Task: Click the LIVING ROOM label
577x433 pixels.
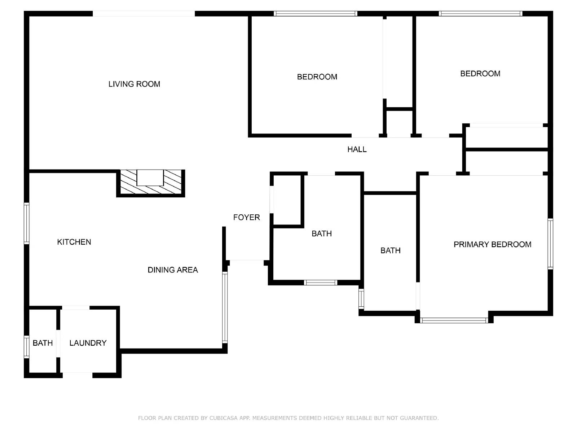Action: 134,84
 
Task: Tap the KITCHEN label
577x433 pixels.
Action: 74,242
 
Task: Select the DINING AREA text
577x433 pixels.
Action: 173,270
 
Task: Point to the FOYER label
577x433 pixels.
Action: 246,217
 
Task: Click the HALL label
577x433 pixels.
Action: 357,149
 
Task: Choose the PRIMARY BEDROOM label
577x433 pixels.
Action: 492,245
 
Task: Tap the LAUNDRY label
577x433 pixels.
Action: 88,343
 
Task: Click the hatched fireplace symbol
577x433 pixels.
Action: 150,183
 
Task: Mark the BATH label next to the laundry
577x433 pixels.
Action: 43,343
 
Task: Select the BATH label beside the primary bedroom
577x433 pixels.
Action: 390,250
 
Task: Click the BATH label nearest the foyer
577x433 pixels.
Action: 321,234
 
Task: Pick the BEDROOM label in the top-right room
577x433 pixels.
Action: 480,74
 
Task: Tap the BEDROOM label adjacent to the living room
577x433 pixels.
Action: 317,77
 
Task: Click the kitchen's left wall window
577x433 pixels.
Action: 26,224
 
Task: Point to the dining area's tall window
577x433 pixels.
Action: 225,307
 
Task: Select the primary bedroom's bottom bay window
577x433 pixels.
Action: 454,320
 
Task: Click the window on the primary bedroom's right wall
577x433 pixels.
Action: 550,244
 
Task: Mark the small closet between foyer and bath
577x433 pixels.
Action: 287,200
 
